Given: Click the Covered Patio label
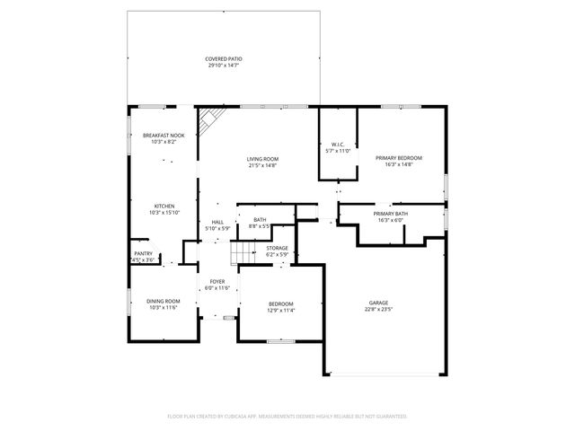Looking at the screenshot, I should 223,58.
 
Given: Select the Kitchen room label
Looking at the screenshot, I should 164,206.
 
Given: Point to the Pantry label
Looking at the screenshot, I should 143,253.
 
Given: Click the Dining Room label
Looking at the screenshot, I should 164,301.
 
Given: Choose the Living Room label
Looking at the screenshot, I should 262,159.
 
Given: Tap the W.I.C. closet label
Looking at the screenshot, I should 338,145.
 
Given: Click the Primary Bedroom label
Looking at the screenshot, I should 398,158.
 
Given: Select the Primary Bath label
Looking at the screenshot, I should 391,214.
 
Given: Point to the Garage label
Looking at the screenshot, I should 378,303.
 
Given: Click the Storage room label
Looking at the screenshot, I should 277,248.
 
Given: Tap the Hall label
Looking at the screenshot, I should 217,222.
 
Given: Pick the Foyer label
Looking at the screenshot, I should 217,282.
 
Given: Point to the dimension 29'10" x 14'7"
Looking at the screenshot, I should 223,65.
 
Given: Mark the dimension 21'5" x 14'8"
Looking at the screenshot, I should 262,165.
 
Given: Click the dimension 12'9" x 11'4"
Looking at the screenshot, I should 281,311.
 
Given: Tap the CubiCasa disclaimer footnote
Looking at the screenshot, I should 287,416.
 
